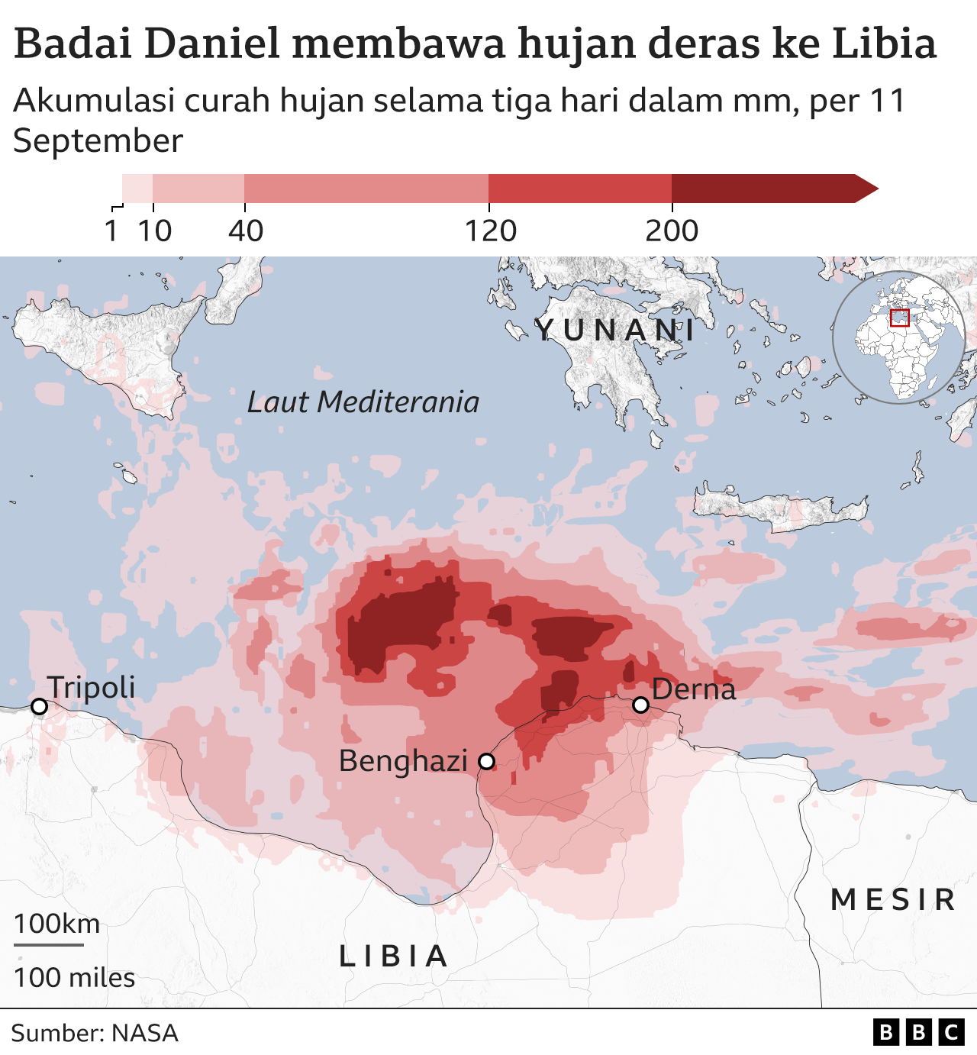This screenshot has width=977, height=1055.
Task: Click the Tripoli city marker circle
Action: (x=39, y=707)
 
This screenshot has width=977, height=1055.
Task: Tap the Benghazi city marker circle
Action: (x=486, y=761)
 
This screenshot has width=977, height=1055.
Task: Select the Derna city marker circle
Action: (x=641, y=705)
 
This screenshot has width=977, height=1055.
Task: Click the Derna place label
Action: (x=694, y=689)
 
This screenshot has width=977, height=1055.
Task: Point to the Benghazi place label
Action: (x=403, y=761)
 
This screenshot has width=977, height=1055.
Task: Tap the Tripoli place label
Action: (x=92, y=687)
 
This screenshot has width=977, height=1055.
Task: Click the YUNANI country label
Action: (x=615, y=331)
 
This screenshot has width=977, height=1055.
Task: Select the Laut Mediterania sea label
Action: (x=363, y=402)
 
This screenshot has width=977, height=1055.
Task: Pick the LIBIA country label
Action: (x=394, y=956)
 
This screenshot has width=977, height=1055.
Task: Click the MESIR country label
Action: (x=893, y=899)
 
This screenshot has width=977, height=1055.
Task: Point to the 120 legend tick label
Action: (x=491, y=231)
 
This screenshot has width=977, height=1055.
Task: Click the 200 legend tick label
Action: (x=672, y=231)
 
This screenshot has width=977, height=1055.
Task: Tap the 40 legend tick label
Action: (x=246, y=231)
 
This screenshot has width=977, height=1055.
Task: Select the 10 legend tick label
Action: (x=155, y=231)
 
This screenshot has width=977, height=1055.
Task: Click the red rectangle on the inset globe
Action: (x=900, y=318)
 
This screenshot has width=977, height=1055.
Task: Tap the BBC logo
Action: (x=918, y=1033)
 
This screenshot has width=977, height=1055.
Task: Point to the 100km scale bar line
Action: (x=49, y=945)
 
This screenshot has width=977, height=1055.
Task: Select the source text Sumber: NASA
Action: (x=95, y=1033)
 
